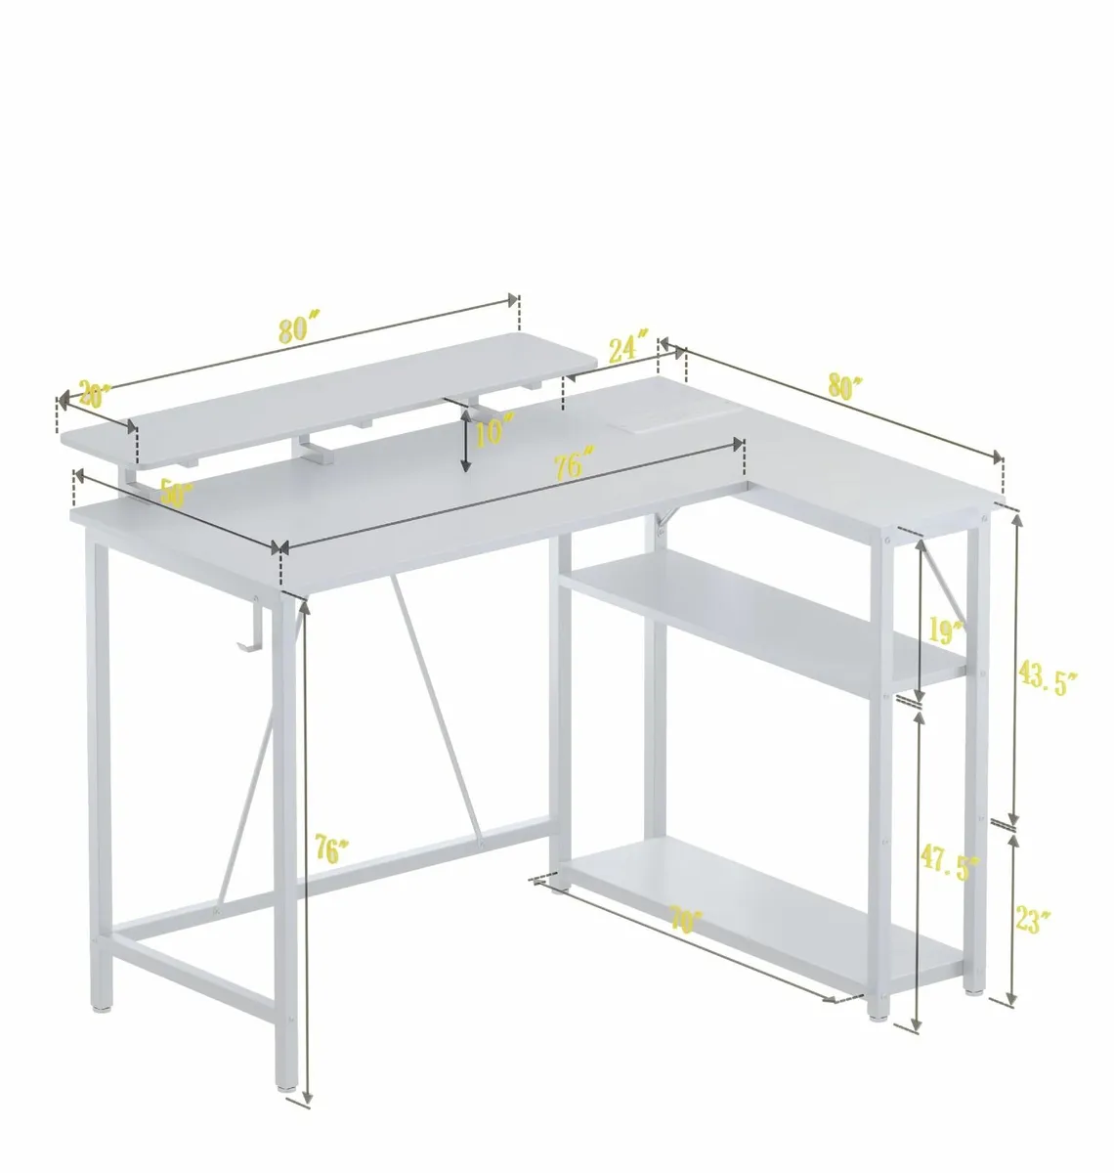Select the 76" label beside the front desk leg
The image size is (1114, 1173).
[332, 848]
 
